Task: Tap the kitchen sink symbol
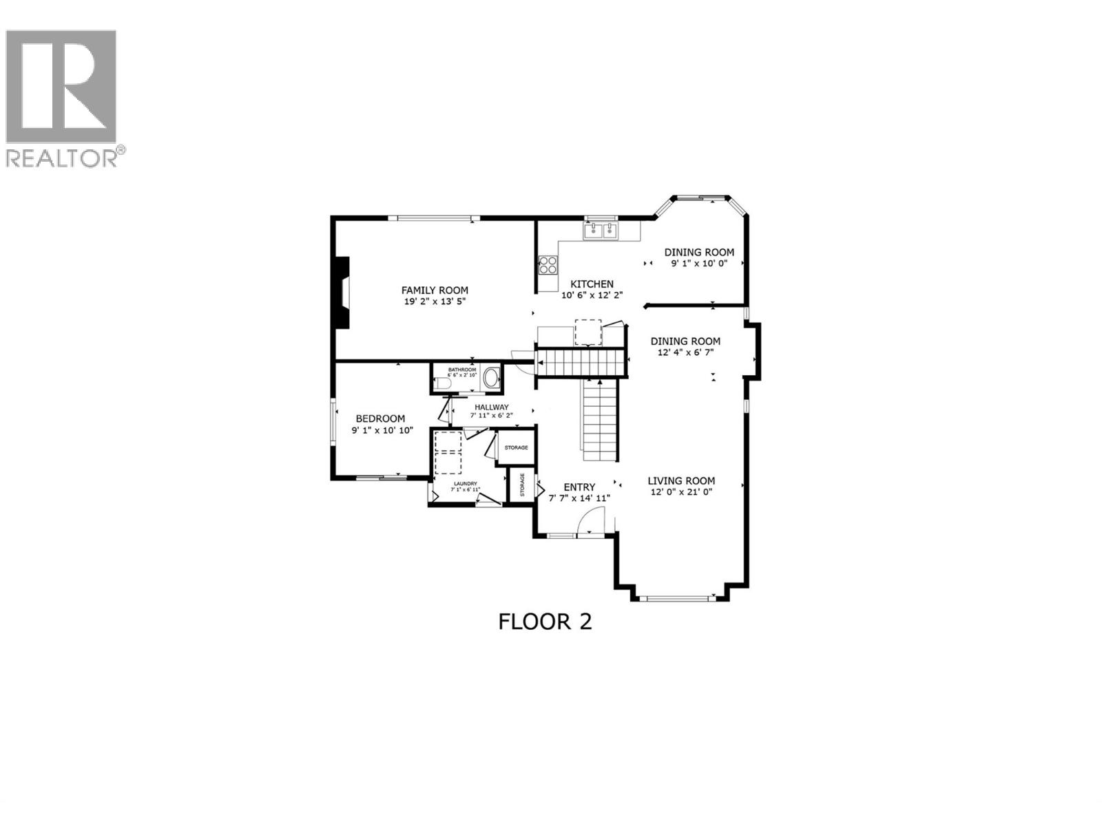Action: [x=601, y=231]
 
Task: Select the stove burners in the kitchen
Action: [x=548, y=265]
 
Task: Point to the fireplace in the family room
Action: [x=342, y=294]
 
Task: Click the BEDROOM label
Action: [x=380, y=419]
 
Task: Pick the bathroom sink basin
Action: [x=491, y=378]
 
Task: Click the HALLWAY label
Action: [x=491, y=407]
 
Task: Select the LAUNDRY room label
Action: [x=464, y=484]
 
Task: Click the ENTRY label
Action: [x=579, y=487]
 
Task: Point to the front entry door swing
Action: [x=593, y=520]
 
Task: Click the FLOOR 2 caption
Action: [x=545, y=622]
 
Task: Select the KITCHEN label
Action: [x=592, y=284]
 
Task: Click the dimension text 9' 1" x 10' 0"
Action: [x=699, y=264]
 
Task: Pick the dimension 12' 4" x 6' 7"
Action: [x=685, y=352]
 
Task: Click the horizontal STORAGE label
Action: [x=516, y=448]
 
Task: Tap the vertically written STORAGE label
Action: [x=522, y=485]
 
